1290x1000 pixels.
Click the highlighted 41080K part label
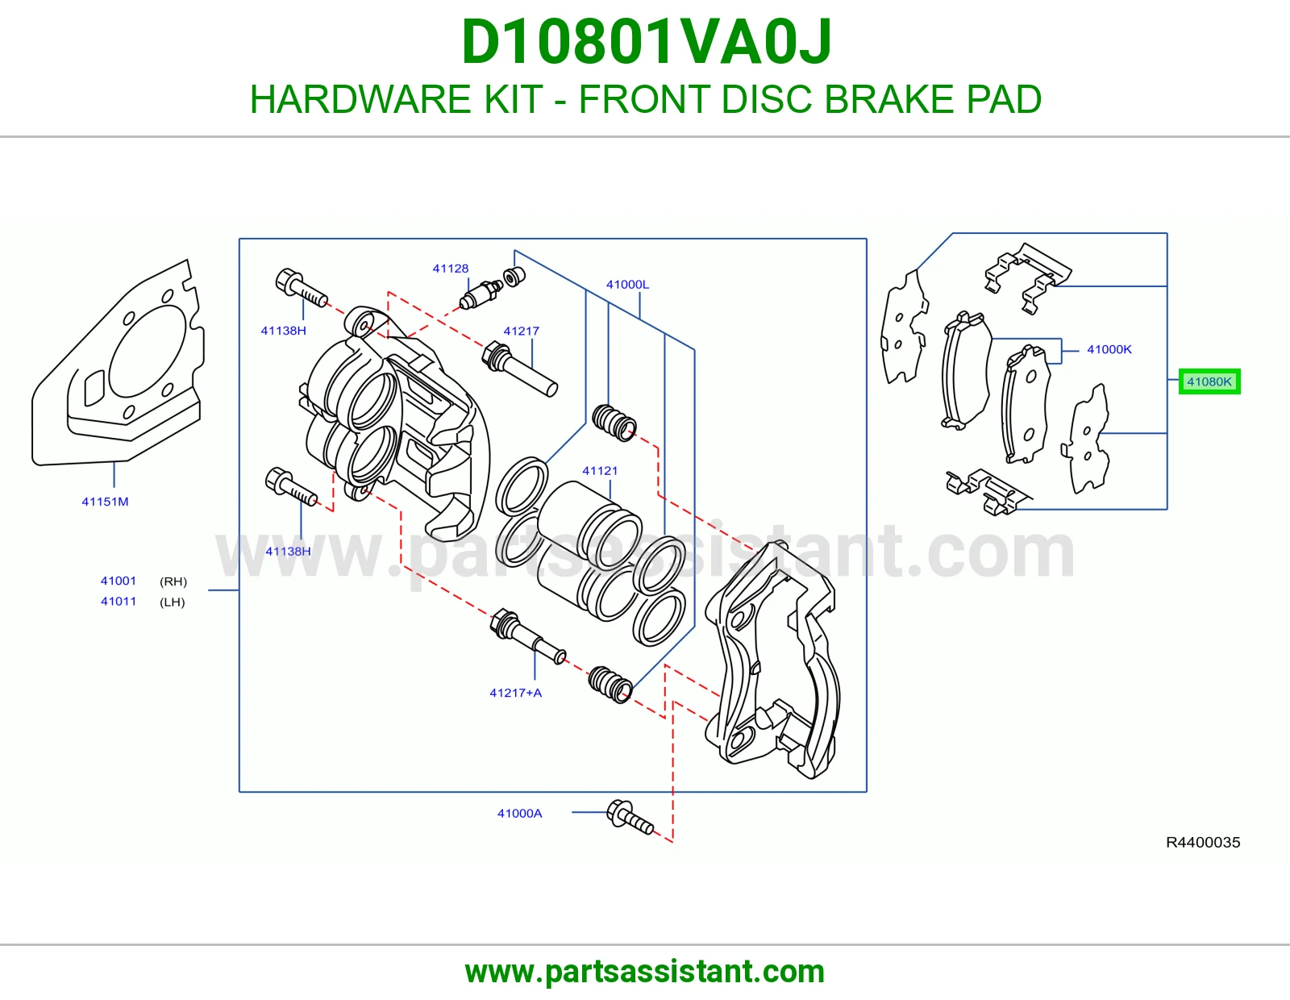1209,381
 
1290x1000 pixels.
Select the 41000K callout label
1109,349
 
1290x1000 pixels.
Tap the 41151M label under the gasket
105,501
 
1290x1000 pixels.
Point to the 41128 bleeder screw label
451,269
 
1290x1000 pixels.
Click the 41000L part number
627,285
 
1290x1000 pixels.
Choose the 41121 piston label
600,470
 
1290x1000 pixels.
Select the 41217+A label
515,693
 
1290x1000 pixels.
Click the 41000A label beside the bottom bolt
519,813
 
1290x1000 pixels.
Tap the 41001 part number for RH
119,581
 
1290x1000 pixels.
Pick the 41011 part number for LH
119,601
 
